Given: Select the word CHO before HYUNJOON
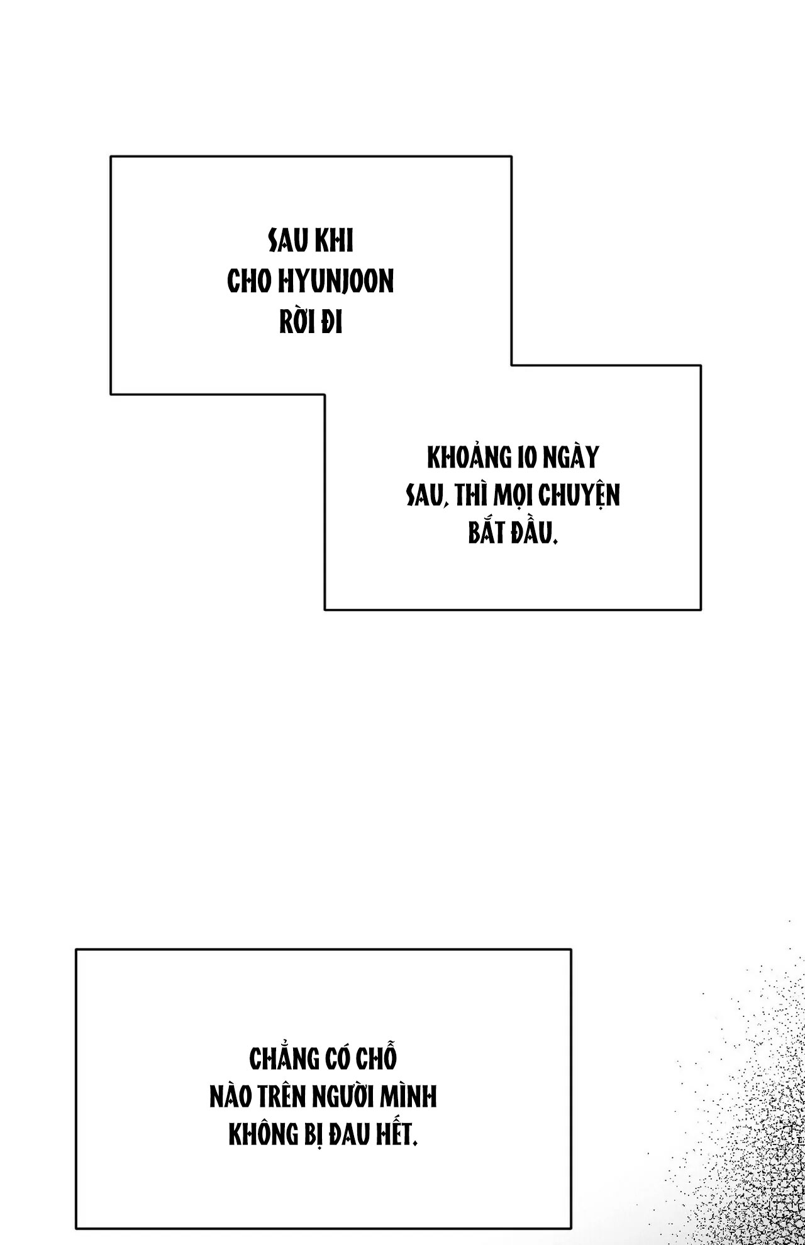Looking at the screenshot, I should coord(250,283).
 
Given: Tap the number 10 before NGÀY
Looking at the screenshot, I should coord(526,459).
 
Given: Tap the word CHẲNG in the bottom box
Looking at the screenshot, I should coord(284,1058).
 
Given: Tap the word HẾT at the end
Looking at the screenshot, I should coord(393,1135).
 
